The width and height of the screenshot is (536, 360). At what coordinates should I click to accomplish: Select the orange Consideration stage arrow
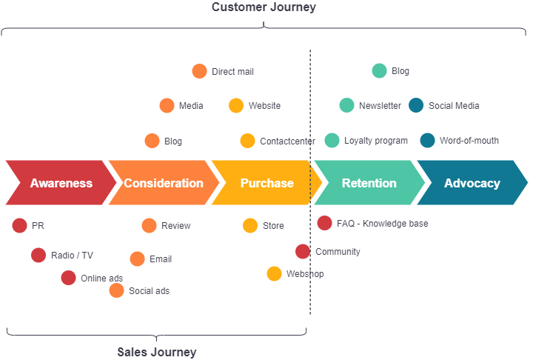pyautogui.click(x=163, y=183)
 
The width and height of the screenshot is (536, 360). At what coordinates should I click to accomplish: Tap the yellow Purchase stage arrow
pyautogui.click(x=267, y=183)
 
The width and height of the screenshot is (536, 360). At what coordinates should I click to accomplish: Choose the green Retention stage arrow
pyautogui.click(x=369, y=183)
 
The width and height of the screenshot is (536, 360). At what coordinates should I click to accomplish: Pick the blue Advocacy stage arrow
pyautogui.click(x=472, y=183)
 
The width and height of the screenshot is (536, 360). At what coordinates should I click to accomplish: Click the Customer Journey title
pyautogui.click(x=264, y=7)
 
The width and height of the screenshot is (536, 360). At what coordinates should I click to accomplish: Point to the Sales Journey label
pyautogui.click(x=157, y=352)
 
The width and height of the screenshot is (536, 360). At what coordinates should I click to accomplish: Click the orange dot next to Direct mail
pyautogui.click(x=199, y=71)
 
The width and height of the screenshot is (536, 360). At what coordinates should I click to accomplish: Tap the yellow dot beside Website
pyautogui.click(x=236, y=105)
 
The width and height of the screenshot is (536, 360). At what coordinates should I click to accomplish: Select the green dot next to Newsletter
pyautogui.click(x=346, y=105)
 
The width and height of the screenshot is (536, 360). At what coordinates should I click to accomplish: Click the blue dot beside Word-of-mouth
pyautogui.click(x=427, y=140)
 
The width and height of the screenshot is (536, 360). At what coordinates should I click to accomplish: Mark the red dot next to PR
pyautogui.click(x=19, y=225)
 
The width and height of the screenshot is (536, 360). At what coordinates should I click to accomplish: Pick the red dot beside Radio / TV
pyautogui.click(x=38, y=255)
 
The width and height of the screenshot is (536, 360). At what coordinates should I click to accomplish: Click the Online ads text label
pyautogui.click(x=101, y=279)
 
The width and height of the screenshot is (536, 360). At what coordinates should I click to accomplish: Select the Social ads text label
pyautogui.click(x=149, y=291)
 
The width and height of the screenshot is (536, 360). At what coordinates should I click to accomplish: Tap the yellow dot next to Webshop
pyautogui.click(x=274, y=273)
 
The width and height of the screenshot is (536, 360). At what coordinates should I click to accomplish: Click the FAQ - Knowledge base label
pyautogui.click(x=382, y=223)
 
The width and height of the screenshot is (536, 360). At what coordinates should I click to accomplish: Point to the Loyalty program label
pyautogui.click(x=375, y=141)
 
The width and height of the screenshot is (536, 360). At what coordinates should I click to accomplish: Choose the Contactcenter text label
pyautogui.click(x=287, y=141)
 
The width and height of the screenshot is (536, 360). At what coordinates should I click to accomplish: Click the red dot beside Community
pyautogui.click(x=302, y=251)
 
